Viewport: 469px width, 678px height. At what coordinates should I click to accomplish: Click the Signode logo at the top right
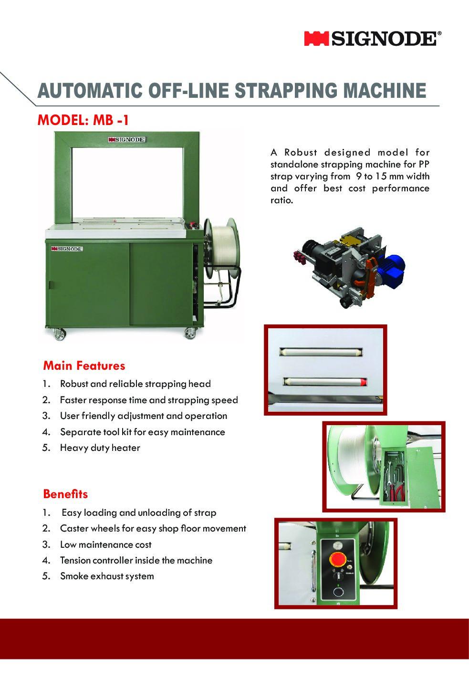(373, 39)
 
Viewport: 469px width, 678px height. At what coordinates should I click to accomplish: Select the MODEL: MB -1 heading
(83, 120)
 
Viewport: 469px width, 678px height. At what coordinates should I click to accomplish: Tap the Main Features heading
(84, 365)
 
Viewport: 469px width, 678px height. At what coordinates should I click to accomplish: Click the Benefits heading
(65, 494)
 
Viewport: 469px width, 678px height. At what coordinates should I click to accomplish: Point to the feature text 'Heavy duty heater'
(100, 448)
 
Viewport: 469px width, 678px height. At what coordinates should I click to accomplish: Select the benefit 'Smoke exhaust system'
(107, 576)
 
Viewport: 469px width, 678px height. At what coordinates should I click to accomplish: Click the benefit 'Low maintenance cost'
(105, 544)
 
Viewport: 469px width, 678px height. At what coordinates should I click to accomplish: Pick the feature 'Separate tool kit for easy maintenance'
(142, 432)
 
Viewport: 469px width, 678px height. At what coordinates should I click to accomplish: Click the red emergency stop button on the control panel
(339, 559)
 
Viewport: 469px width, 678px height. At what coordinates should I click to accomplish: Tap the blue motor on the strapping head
(394, 266)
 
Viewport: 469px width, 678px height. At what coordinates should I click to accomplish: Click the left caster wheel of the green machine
(59, 334)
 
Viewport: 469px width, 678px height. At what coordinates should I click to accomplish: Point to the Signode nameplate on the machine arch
(126, 139)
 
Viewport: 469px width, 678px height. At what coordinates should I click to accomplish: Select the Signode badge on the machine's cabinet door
(67, 249)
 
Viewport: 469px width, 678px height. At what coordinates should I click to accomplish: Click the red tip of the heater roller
(364, 381)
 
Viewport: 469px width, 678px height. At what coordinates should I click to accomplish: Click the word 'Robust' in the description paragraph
(301, 152)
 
